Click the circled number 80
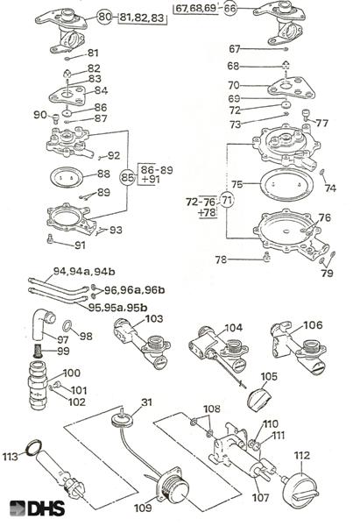click(105, 17)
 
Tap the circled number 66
click(230, 9)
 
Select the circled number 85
click(127, 177)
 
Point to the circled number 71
click(227, 201)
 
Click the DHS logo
click(37, 508)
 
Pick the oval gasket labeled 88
click(67, 177)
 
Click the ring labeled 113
click(34, 447)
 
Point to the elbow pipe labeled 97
click(43, 323)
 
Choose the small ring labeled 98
click(67, 325)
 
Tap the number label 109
click(143, 508)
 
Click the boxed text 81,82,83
click(143, 18)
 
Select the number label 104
click(234, 327)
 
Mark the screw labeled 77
click(307, 115)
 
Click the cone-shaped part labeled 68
click(286, 65)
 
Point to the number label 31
click(147, 402)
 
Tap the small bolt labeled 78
click(267, 257)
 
